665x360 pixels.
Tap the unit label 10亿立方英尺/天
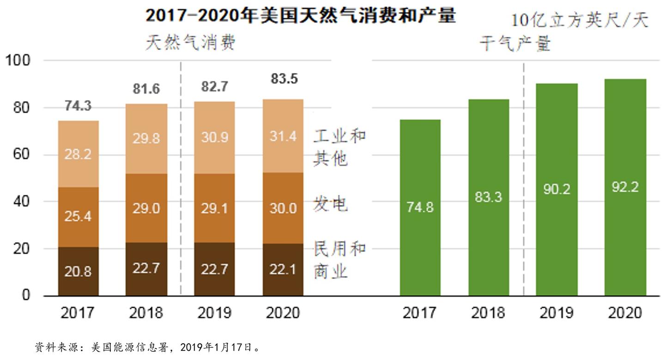coord(580,21)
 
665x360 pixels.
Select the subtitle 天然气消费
coord(191,42)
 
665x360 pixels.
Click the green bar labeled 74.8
coord(420,208)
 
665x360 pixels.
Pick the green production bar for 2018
coord(488,198)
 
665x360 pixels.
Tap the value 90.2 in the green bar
coord(556,189)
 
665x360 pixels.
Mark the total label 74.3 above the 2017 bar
coord(78,106)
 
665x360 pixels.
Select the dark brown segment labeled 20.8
coord(78,271)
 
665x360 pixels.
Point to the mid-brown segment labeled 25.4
coord(78,216)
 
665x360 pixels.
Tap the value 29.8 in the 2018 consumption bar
coord(146,138)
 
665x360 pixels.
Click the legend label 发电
coord(330,204)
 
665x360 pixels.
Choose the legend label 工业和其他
coord(339,147)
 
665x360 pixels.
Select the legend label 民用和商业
coord(339,260)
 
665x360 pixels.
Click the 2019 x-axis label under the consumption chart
coord(214,312)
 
